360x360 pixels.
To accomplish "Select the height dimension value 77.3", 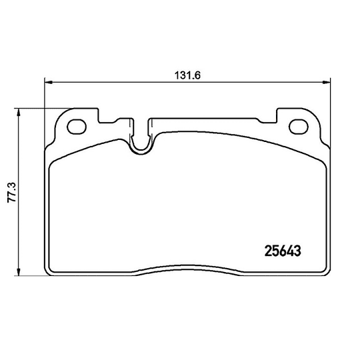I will pyautogui.click(x=9, y=193).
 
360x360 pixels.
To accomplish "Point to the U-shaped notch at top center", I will pyautogui.click(x=141, y=141).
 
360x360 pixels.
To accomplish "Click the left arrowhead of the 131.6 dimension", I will pyautogui.click(x=49, y=83).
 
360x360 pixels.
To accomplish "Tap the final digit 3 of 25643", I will pyautogui.click(x=299, y=252).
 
